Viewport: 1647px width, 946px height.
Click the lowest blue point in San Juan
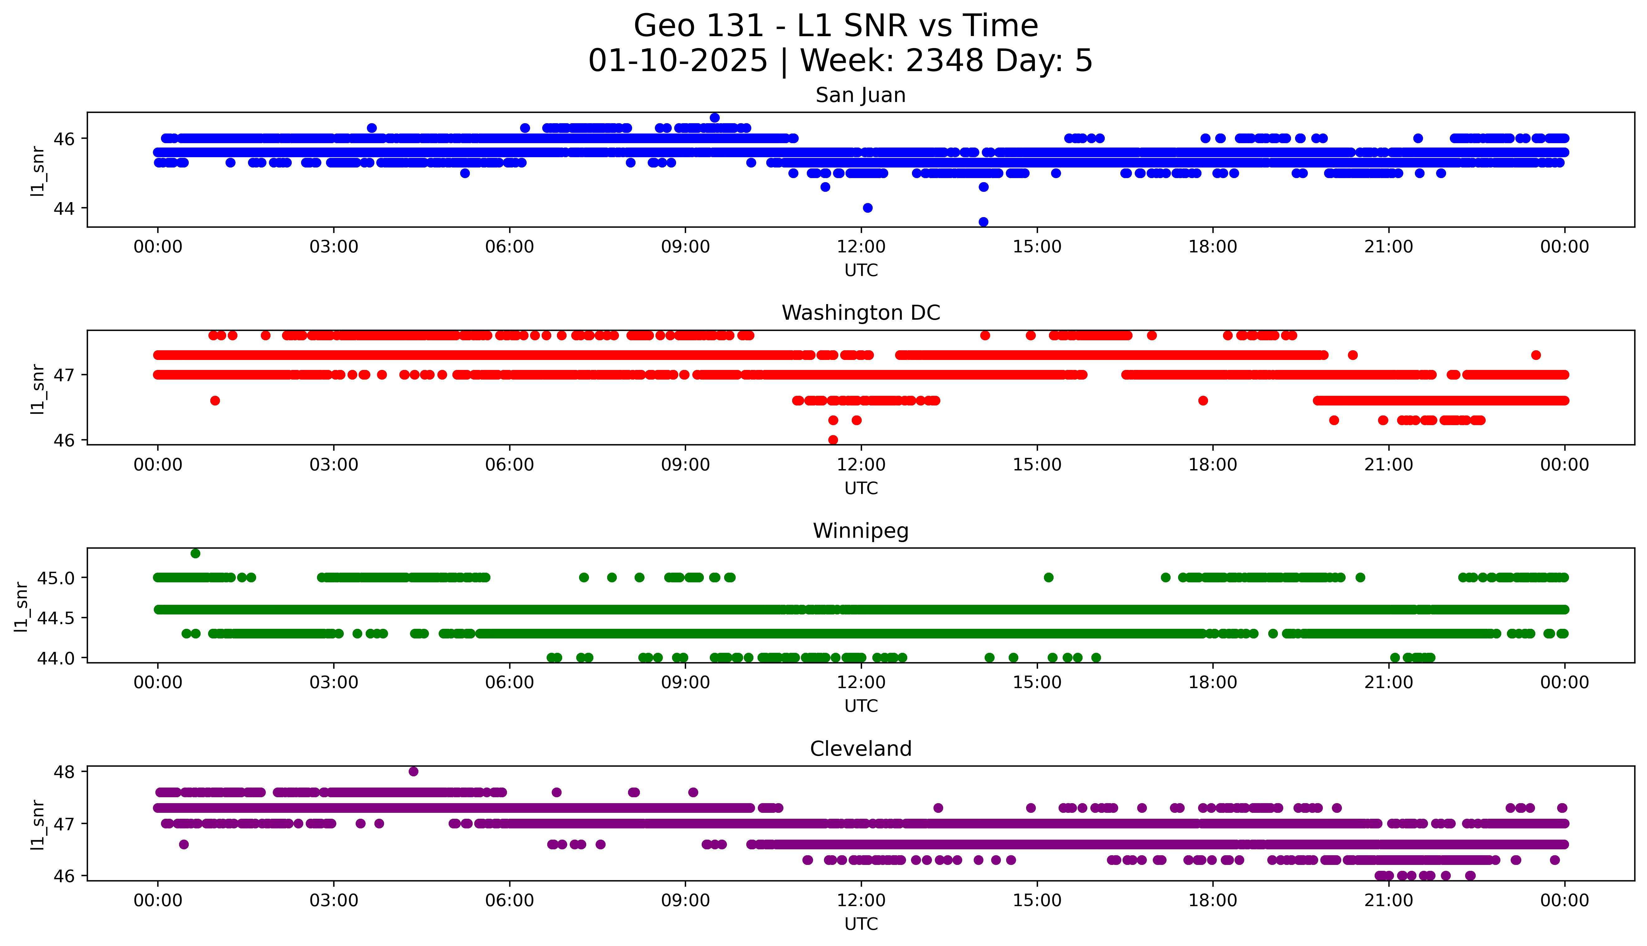(x=983, y=221)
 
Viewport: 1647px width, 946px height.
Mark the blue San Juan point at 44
(x=867, y=208)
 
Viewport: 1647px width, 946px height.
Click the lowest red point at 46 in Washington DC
(x=833, y=440)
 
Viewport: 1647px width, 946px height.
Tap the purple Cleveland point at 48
(x=413, y=771)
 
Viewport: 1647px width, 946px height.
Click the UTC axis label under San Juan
(x=861, y=270)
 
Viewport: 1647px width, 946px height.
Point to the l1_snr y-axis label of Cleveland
(x=38, y=824)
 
